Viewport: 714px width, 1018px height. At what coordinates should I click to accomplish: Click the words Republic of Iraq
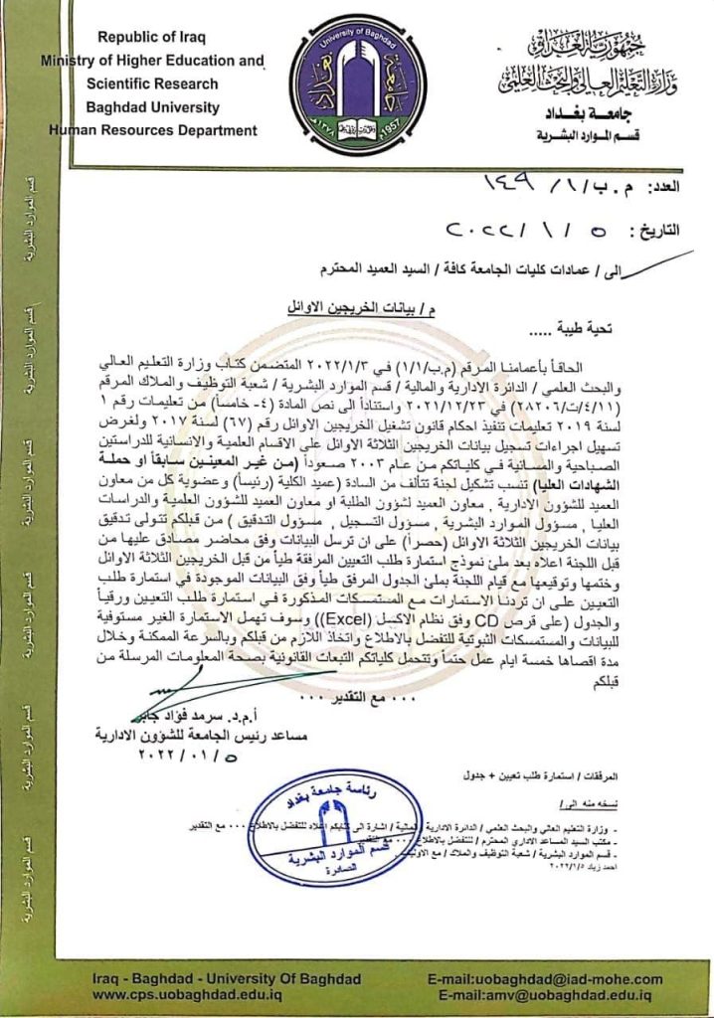[x=151, y=37]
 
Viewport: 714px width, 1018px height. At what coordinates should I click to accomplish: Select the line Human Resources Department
[x=151, y=130]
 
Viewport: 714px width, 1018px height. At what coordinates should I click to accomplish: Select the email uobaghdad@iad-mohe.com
[x=546, y=979]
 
